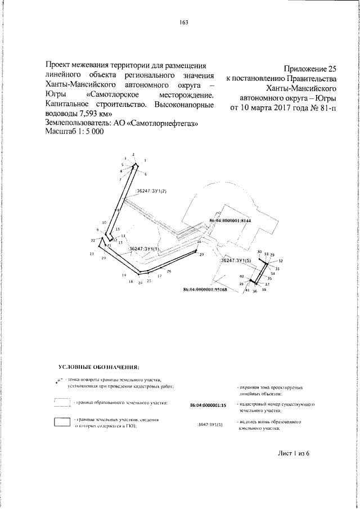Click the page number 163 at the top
[x=183, y=22]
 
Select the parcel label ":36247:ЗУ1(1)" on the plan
[x=144, y=248]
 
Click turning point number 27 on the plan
[x=201, y=255]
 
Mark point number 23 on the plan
[x=91, y=255]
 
